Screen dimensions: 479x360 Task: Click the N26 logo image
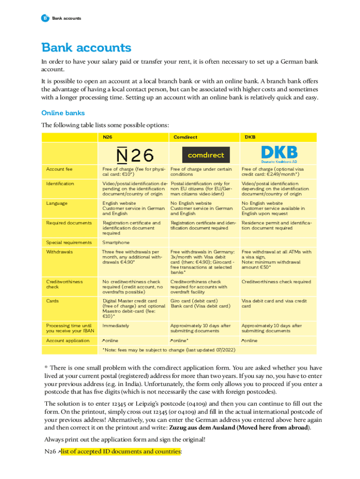[x=135, y=154]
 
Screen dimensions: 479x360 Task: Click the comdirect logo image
[x=206, y=154]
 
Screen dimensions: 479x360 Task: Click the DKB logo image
[x=279, y=153]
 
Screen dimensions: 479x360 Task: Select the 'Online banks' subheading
[x=63, y=113]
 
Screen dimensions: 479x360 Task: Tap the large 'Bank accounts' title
[x=86, y=48]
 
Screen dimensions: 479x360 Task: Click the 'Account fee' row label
[x=59, y=169]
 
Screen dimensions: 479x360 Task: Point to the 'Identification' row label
[x=60, y=184]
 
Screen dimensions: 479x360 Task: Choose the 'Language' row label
[x=57, y=203]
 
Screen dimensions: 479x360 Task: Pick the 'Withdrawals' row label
[x=59, y=252]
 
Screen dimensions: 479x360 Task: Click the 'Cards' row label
[x=52, y=301]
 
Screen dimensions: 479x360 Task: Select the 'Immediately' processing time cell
[x=116, y=325]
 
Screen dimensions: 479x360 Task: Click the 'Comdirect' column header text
[x=185, y=137]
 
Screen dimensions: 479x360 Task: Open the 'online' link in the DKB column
[x=249, y=340]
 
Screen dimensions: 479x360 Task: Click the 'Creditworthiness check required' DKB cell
[x=276, y=282]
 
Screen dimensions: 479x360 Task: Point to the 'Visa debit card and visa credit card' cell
[x=274, y=304]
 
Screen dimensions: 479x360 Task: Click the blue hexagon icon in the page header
[x=45, y=18]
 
